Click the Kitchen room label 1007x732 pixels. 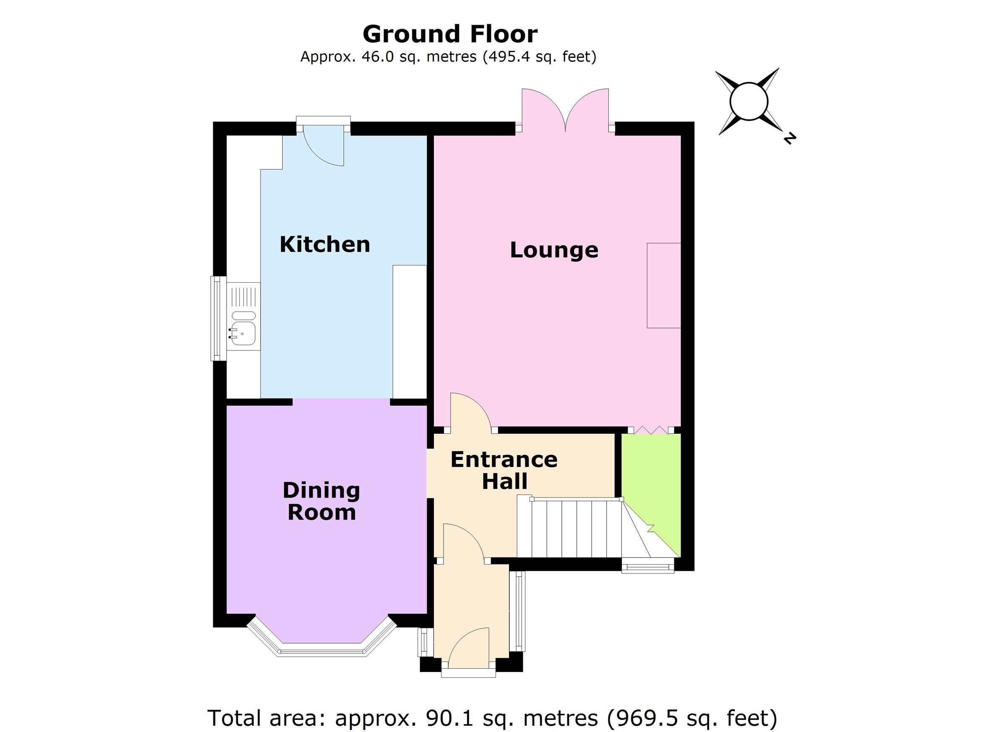[325, 245]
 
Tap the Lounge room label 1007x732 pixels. [554, 250]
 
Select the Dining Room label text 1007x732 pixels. [321, 502]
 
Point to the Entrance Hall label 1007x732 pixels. [504, 471]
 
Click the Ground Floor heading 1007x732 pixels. [450, 34]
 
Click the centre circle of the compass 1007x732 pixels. [749, 101]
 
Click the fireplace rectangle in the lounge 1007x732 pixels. [663, 285]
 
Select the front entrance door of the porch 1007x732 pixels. [468, 650]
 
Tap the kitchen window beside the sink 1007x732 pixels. [218, 318]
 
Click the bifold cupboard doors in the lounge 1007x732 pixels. [651, 429]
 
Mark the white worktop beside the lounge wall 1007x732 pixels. [410, 331]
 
